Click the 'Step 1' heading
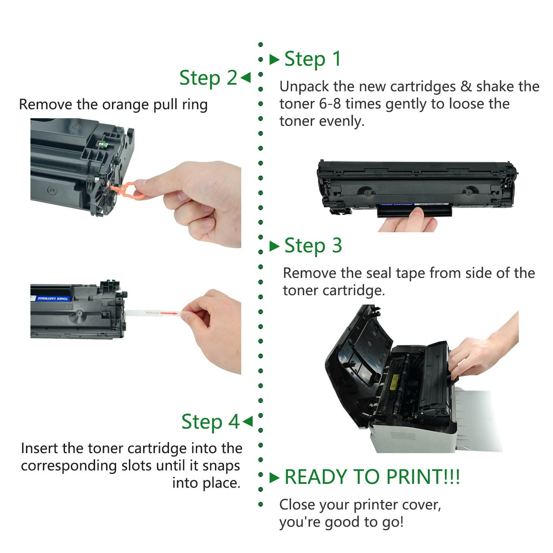pyautogui.click(x=312, y=59)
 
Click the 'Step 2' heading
pyautogui.click(x=208, y=78)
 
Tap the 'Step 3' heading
pyautogui.click(x=313, y=246)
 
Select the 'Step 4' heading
pyautogui.click(x=210, y=422)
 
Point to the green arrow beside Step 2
pyautogui.click(x=245, y=77)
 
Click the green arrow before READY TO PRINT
pyautogui.click(x=274, y=478)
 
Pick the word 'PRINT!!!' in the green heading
pyautogui.click(x=423, y=477)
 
